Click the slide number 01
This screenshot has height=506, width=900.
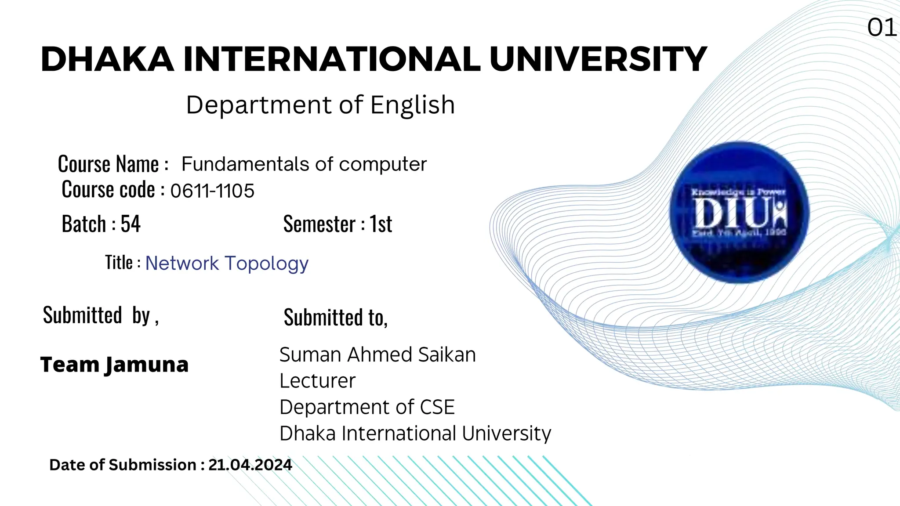pos(882,28)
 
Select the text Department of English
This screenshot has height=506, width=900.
pos(320,105)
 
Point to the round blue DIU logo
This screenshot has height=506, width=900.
pos(739,212)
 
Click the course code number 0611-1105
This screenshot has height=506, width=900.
pos(212,191)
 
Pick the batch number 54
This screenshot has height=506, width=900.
pos(131,224)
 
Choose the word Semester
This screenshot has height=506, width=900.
pos(319,224)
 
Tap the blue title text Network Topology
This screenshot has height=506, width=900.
pos(227,264)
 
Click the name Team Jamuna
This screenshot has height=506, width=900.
pos(114,365)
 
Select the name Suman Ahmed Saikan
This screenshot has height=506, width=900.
pos(377,354)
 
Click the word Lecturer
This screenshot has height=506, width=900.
pos(317,381)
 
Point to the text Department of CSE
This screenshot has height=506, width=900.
pos(367,407)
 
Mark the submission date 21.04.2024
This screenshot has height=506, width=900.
pos(250,465)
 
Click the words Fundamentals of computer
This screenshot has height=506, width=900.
pos(304,164)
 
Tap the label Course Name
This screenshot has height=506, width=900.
pos(109,164)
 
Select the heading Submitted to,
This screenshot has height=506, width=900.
pos(336,317)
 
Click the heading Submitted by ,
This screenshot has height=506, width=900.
pos(101,315)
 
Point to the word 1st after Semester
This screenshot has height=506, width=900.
pos(381,224)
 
